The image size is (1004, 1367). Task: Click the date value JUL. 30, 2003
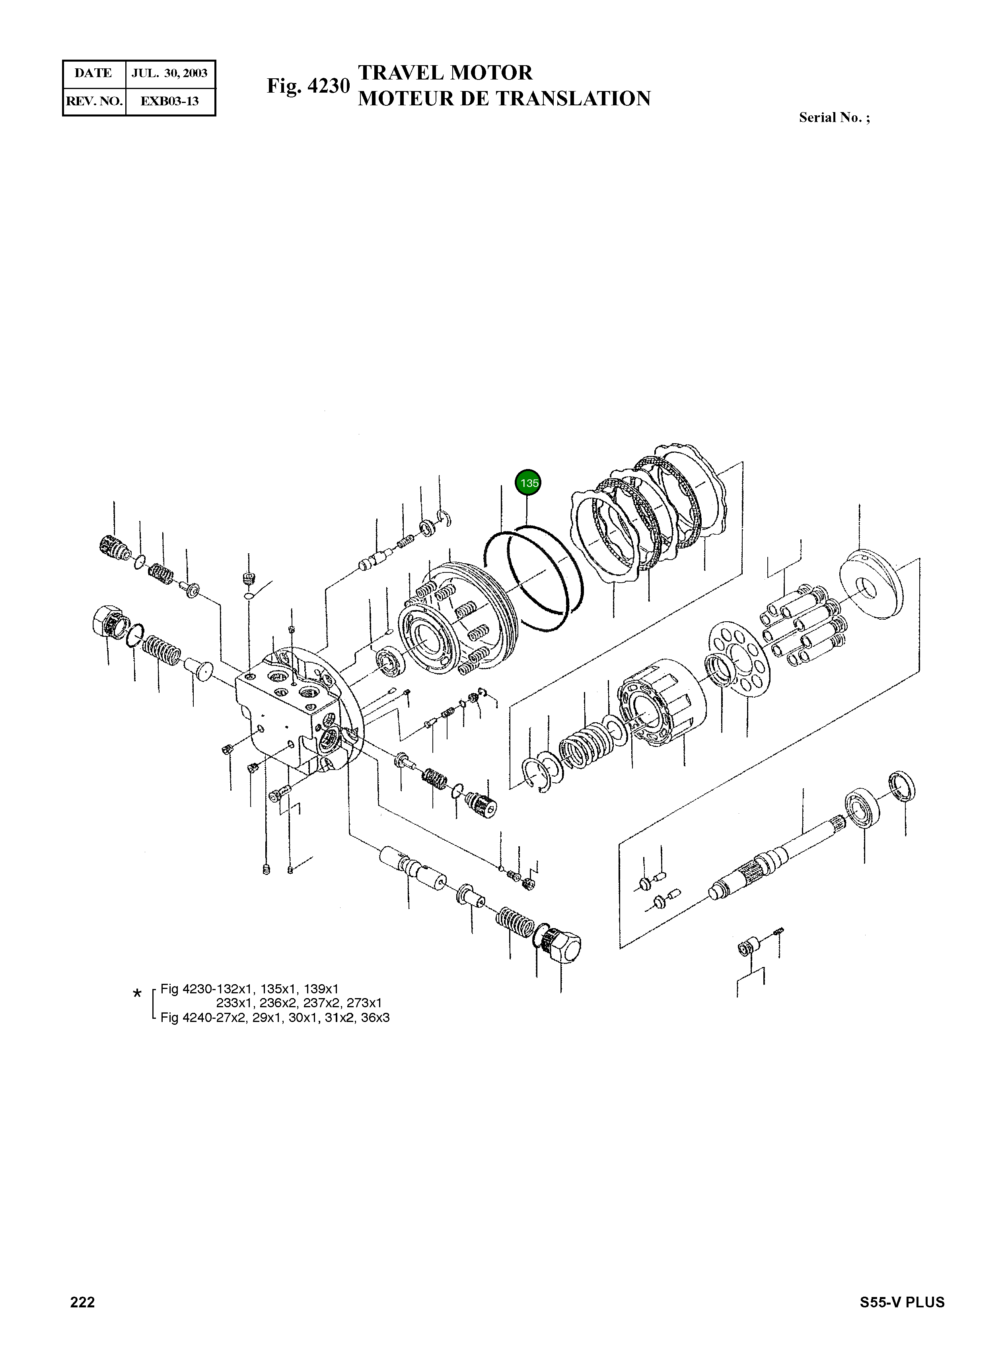[169, 74]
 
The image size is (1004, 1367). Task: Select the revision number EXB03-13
[169, 101]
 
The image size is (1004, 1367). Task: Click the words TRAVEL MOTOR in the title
[445, 73]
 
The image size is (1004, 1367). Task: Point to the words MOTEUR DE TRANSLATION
[504, 98]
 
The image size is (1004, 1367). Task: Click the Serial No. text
[833, 118]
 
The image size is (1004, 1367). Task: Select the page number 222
[83, 1302]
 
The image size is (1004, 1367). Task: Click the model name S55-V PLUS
[902, 1302]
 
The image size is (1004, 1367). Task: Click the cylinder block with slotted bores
[660, 702]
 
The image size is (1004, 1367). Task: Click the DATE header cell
[93, 74]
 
